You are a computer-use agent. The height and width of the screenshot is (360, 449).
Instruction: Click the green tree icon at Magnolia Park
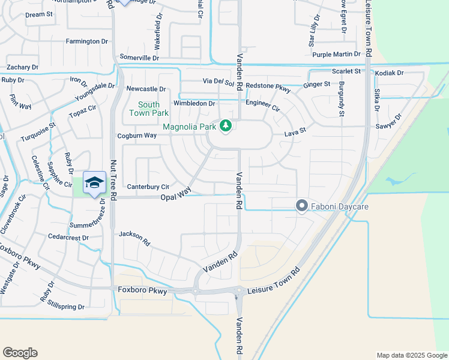(226, 126)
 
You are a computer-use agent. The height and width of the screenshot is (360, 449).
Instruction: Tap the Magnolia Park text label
(189, 127)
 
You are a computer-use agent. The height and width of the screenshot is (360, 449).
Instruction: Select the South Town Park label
(149, 108)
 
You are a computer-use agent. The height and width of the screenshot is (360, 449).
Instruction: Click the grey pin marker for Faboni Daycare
(301, 206)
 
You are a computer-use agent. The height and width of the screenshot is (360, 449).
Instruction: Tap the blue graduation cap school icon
(94, 183)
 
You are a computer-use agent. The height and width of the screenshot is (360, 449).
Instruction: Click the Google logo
(20, 353)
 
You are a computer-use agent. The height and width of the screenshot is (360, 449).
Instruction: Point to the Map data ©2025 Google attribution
(411, 355)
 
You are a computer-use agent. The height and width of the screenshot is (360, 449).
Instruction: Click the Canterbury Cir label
(147, 187)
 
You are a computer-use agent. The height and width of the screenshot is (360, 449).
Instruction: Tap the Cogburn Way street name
(137, 136)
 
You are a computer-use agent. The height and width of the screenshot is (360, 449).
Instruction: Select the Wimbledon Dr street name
(194, 103)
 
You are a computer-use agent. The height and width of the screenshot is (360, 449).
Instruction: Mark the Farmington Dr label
(86, 41)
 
